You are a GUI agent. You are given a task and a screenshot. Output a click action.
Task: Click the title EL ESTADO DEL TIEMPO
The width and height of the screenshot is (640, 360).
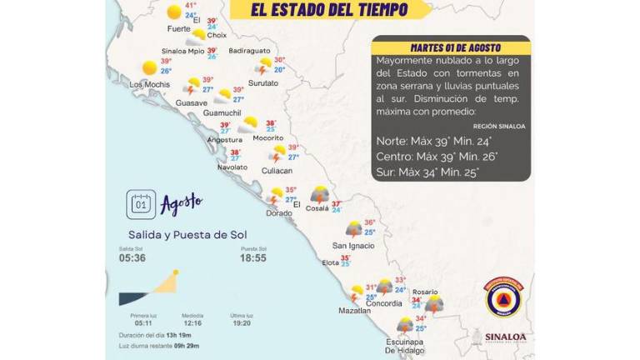point(330,10)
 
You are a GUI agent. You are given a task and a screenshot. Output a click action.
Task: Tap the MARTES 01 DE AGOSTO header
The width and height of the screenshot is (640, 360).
point(450,47)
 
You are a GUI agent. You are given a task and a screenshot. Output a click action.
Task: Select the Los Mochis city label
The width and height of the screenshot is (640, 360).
point(149,84)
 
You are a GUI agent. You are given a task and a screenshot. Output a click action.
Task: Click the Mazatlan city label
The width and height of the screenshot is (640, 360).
point(354,310)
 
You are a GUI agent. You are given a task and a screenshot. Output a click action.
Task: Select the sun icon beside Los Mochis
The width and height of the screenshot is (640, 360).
point(150,67)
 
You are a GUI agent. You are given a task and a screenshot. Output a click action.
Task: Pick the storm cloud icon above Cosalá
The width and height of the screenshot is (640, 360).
point(319,195)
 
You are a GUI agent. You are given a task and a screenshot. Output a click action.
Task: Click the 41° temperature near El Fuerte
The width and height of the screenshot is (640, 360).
point(191,5)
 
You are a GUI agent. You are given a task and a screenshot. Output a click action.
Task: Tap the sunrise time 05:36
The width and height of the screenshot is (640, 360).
point(132,258)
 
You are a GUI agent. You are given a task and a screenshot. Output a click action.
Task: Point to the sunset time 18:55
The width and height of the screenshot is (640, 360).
point(253,258)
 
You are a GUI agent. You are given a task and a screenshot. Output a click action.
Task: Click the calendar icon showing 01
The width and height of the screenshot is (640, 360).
point(141,204)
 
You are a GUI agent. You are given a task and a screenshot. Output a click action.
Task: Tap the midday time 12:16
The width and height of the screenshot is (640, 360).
point(192,322)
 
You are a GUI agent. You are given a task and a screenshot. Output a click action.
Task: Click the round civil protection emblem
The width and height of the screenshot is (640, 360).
point(504,297)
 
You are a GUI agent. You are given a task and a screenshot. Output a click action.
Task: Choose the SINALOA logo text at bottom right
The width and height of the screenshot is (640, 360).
point(505,337)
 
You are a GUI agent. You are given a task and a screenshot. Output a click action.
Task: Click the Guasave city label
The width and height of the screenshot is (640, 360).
point(192,102)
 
